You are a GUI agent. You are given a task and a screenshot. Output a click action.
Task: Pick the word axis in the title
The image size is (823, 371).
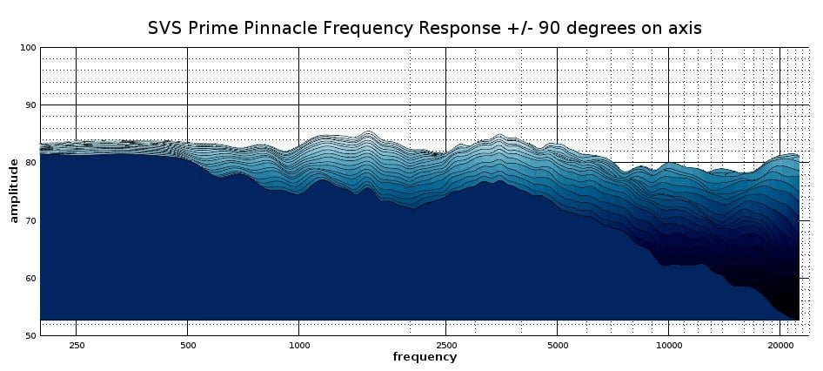684,28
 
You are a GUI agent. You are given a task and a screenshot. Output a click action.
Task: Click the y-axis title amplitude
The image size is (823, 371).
14,191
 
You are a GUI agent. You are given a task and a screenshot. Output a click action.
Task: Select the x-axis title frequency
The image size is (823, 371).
425,357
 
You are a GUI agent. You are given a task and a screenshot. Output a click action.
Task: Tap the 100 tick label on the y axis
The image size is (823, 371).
28,48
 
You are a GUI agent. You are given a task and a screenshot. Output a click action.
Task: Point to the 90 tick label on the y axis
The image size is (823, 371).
30,105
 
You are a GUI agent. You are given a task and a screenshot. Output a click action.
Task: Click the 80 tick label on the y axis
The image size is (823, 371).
30,163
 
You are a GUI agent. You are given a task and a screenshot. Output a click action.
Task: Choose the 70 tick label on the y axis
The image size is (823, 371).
30,221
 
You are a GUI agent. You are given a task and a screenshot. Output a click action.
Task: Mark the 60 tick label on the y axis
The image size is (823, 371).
30,279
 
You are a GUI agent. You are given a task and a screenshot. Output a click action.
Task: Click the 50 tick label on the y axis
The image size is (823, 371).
30,336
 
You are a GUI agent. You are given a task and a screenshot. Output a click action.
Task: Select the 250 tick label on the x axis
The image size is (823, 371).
76,345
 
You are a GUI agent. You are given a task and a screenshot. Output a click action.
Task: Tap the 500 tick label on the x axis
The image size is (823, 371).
187,345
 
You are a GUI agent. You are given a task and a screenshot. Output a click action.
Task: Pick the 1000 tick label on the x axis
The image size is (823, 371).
298,345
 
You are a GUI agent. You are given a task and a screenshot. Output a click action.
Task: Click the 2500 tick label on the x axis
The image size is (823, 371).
445,345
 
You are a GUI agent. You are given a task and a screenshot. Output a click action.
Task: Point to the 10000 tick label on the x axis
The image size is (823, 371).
668,345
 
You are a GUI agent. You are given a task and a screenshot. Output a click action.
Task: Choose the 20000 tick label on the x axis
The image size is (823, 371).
780,345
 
